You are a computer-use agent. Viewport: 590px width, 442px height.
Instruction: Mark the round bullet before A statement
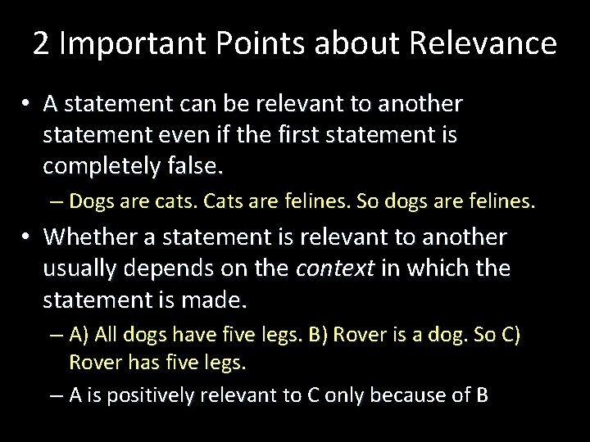pyautogui.click(x=27, y=105)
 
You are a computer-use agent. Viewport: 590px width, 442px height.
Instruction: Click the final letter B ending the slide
pyautogui.click(x=482, y=395)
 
